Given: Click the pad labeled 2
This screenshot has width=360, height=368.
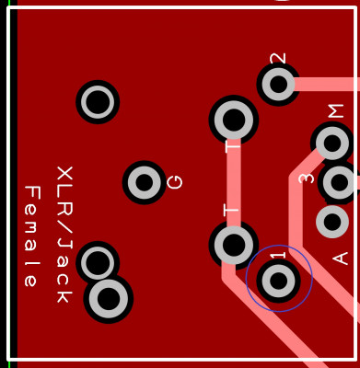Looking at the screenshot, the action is click(278, 84).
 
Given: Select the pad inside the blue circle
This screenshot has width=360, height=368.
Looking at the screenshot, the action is click(278, 281).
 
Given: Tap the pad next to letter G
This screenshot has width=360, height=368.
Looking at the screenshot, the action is click(144, 182).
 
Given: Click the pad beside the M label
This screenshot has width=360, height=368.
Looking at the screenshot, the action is click(332, 143).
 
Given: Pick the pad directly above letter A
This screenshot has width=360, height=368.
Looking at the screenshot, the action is click(332, 222).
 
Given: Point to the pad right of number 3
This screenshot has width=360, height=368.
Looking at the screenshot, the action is click(339, 182).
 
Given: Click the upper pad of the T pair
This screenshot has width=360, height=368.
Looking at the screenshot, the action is click(234, 120).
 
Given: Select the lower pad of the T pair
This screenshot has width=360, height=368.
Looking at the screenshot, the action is click(234, 245).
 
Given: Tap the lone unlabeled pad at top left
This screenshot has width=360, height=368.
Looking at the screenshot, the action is click(98, 102).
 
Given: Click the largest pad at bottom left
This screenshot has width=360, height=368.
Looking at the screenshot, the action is click(108, 299).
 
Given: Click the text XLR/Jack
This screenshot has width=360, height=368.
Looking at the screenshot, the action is click(64, 235).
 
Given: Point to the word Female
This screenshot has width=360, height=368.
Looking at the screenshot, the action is click(32, 236).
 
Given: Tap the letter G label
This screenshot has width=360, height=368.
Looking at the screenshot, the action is click(175, 182).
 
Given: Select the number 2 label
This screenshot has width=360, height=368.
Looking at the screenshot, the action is click(278, 58).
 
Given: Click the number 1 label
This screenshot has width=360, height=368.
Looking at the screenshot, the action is click(278, 256).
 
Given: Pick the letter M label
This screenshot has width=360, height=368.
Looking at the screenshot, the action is click(336, 111).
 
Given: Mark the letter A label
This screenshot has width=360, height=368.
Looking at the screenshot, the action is click(340, 259).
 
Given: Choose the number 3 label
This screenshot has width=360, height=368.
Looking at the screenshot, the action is click(307, 178).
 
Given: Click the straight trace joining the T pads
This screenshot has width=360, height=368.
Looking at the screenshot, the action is click(234, 182).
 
